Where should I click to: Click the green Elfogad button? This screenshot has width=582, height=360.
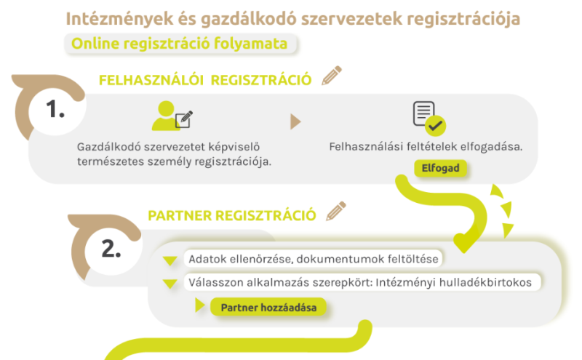click(x=440, y=168)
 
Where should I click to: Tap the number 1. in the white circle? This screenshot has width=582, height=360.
click(x=55, y=110)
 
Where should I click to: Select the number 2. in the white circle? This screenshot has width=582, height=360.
click(x=111, y=249)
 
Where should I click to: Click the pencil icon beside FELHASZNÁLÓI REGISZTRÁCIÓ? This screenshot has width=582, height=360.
click(x=332, y=76)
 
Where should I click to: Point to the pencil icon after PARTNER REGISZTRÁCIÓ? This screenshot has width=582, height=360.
click(x=336, y=211)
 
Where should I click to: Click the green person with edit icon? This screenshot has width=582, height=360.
click(x=172, y=116)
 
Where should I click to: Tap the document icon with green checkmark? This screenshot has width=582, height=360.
click(x=429, y=118)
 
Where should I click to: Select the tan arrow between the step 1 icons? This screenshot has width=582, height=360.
click(x=295, y=121)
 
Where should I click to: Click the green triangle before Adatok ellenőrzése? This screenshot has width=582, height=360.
click(x=170, y=261)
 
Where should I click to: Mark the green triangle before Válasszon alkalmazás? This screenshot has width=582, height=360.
click(x=170, y=284)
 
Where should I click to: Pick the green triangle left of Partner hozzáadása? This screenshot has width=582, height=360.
click(x=200, y=305)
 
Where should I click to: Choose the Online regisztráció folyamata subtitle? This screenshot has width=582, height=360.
click(x=180, y=44)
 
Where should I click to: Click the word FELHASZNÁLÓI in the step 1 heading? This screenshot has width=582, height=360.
click(x=151, y=80)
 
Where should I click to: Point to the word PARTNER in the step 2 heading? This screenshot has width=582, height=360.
click(x=180, y=215)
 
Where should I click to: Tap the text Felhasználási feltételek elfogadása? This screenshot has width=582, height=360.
click(x=426, y=147)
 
